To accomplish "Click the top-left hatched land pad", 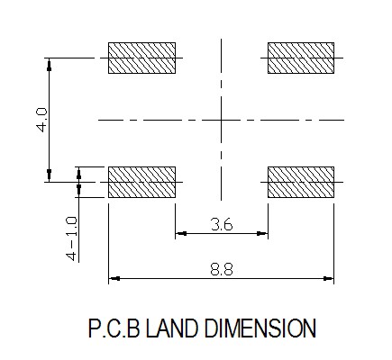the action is click(141, 58).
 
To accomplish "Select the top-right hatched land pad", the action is click(301, 58).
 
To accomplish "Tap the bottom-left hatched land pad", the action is click(141, 182).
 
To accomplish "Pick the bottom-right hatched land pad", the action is click(301, 182).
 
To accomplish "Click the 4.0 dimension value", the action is click(41, 120).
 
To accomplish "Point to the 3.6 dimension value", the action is click(222, 224).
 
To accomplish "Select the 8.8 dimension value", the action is click(222, 269).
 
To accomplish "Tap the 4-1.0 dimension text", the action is click(72, 238).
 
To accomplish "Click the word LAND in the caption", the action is click(172, 328).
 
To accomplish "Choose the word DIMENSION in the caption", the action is click(260, 328).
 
